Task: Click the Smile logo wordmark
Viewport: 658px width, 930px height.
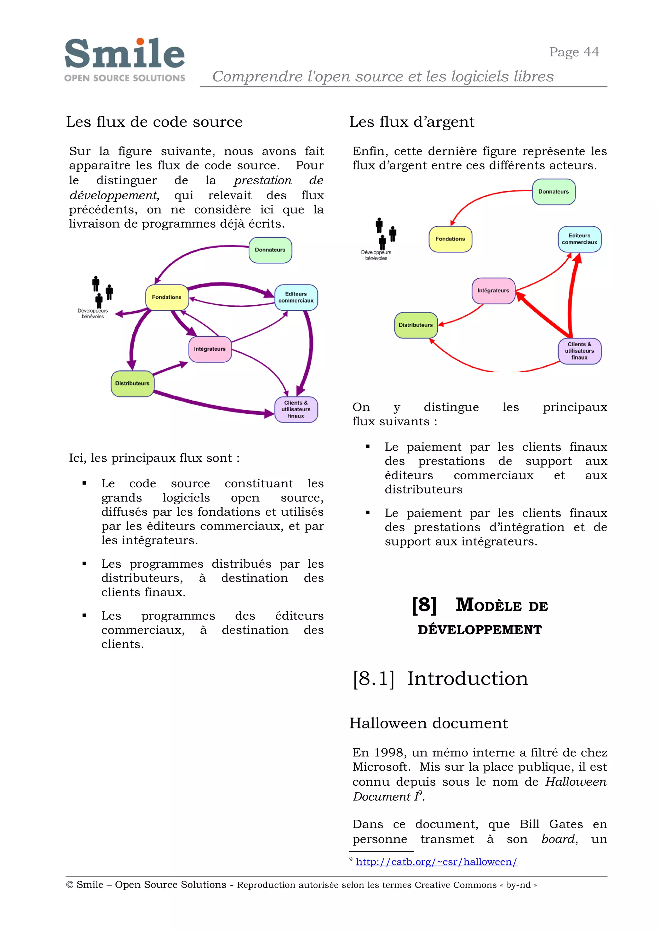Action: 124,54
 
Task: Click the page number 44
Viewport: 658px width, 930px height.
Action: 591,52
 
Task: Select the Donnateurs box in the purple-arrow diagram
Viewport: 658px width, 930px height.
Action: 270,250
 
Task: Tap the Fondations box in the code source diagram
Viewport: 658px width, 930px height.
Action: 166,297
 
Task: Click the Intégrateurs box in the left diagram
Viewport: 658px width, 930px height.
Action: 210,349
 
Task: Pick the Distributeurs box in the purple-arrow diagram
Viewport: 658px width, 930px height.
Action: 132,384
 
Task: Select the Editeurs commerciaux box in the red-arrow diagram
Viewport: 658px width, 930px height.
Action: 579,239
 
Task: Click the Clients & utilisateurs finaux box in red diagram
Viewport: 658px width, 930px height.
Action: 579,351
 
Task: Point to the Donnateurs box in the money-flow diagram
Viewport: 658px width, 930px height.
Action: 554,192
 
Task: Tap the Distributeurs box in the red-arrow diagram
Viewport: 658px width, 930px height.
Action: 416,325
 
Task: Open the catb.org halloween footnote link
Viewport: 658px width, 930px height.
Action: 436,862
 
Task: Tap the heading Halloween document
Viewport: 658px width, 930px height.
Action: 428,723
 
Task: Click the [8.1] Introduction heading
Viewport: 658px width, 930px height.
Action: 440,679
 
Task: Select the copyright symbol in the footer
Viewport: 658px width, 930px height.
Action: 69,885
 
